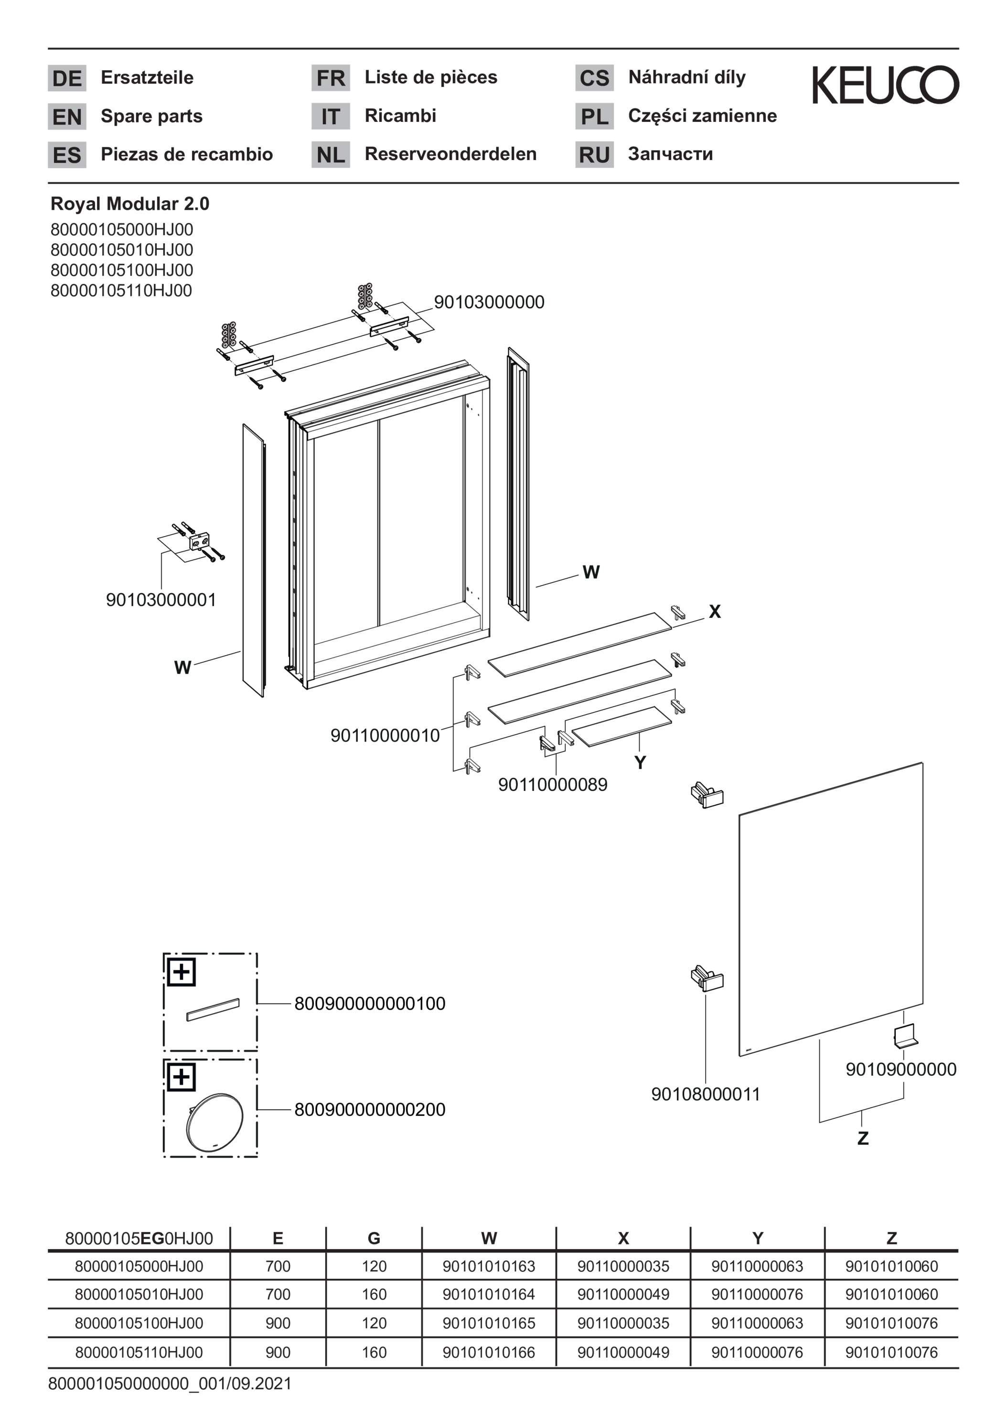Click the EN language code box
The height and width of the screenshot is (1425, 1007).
67,117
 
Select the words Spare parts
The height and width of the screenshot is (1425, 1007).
151,116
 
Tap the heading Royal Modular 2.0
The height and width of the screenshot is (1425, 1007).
129,204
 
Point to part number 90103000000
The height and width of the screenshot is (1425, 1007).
489,302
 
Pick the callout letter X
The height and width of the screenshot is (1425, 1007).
715,612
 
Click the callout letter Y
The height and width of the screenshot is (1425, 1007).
640,763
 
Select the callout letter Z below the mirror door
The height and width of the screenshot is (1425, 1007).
862,1138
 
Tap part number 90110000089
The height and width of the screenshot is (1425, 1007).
553,785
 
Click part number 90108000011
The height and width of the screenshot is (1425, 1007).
706,1094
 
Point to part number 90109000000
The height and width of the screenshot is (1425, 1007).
901,1069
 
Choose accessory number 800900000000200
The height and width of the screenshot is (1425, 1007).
370,1110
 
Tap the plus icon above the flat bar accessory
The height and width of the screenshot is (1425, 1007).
181,972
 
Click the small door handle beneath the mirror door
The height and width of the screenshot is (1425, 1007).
905,1037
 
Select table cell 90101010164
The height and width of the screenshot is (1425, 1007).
488,1295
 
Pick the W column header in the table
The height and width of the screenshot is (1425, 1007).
489,1239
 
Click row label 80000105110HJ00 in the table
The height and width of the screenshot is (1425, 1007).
139,1352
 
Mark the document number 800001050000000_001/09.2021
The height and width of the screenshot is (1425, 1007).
170,1384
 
